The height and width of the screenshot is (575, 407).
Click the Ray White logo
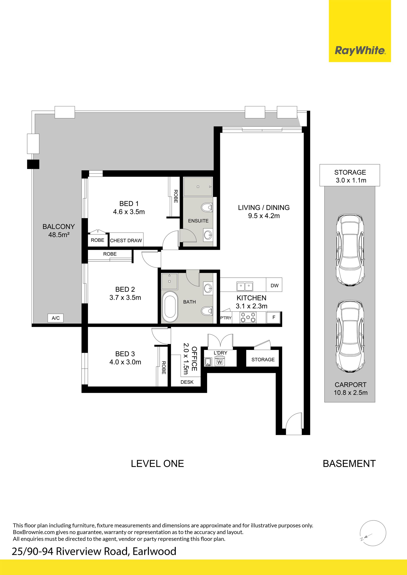pyautogui.click(x=360, y=51)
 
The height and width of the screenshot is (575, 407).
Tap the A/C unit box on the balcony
pyautogui.click(x=56, y=318)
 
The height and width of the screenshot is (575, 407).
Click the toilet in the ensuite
pyautogui.click(x=207, y=207)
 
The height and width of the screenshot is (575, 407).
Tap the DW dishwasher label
pyautogui.click(x=275, y=285)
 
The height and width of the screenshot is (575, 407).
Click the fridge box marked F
pyautogui.click(x=274, y=317)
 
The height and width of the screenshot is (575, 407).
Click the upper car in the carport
pyautogui.click(x=350, y=250)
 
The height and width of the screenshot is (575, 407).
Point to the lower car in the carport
pyautogui.click(x=350, y=336)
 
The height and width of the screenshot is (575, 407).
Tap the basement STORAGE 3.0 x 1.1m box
pyautogui.click(x=350, y=175)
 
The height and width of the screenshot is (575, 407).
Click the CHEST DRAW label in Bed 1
pyautogui.click(x=126, y=240)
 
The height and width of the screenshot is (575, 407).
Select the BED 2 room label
pyautogui.click(x=125, y=289)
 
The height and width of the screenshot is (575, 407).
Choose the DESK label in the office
pyautogui.click(x=187, y=382)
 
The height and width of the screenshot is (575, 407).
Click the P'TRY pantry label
pyautogui.click(x=226, y=318)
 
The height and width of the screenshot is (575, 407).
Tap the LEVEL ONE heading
pyautogui.click(x=157, y=464)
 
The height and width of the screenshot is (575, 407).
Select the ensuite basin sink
pyautogui.click(x=208, y=235)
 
